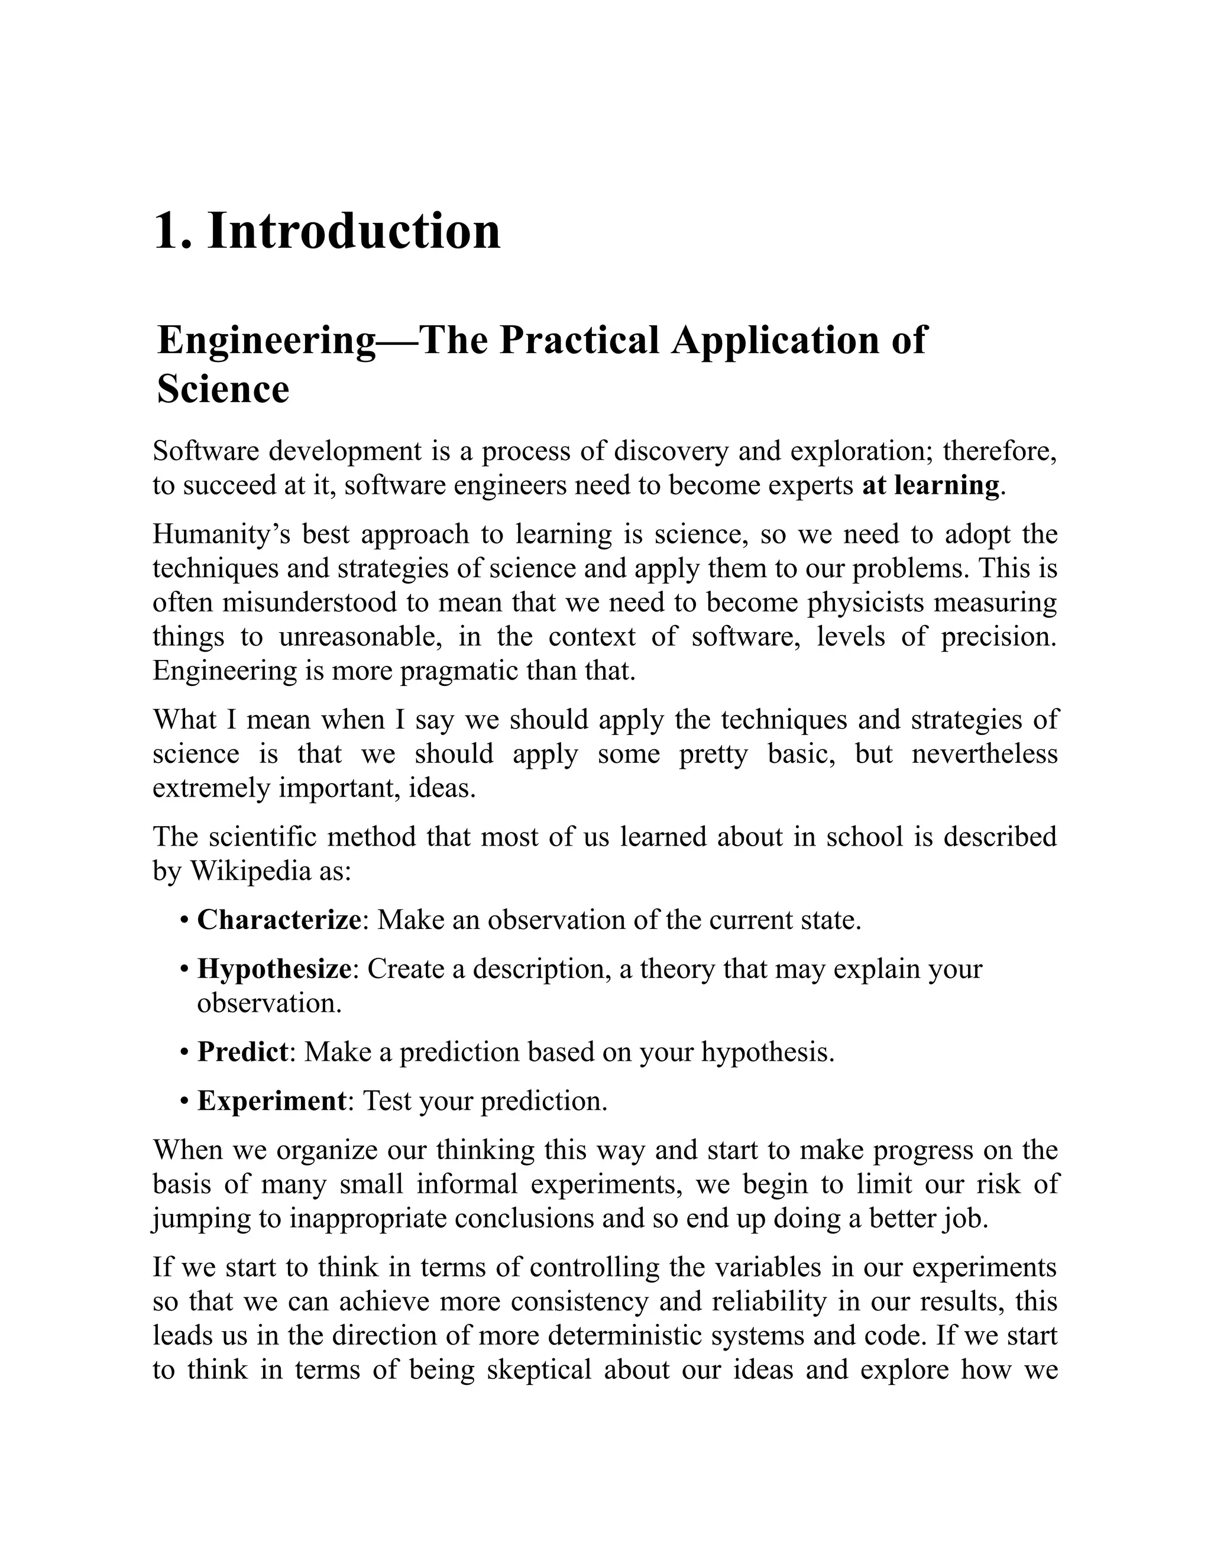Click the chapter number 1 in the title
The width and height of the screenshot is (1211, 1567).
pos(167,232)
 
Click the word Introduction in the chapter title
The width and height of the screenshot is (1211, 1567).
pos(354,231)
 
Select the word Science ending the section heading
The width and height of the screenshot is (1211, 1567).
pos(222,389)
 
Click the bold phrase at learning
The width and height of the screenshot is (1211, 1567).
pos(931,485)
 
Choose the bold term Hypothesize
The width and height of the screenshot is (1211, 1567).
pos(274,969)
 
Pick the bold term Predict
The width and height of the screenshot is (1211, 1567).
pos(242,1052)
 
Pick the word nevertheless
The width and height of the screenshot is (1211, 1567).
pos(985,753)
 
